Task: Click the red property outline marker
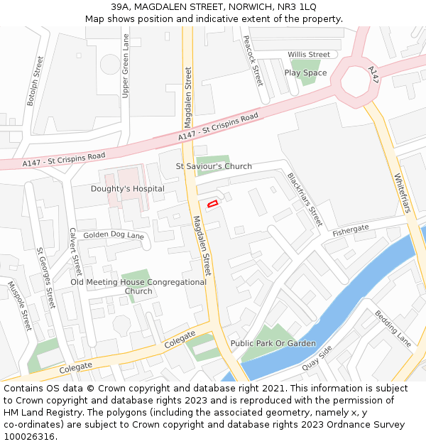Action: (212, 204)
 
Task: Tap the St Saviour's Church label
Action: (214, 166)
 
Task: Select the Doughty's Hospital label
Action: (127, 189)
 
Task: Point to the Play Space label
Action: (305, 72)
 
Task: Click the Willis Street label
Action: (308, 55)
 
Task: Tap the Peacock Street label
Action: (253, 61)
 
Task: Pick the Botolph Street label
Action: (35, 81)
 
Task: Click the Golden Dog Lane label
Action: (114, 235)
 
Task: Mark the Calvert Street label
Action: (75, 251)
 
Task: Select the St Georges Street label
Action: (45, 277)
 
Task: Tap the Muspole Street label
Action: (19, 306)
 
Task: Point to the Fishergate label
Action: (351, 229)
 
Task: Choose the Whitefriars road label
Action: (402, 193)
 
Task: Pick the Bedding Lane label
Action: (393, 328)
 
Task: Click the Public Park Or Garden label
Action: (273, 343)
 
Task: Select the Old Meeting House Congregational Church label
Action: (138, 286)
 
